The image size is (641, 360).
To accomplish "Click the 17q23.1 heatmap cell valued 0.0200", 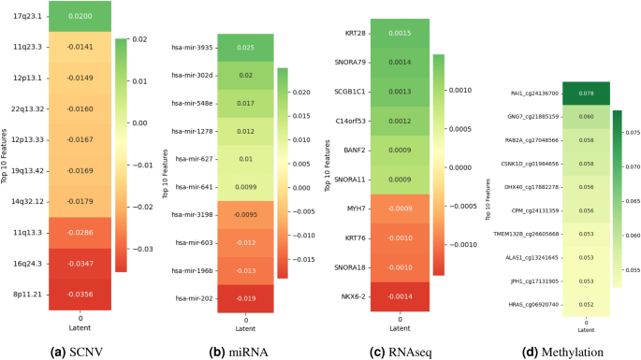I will point(80,16).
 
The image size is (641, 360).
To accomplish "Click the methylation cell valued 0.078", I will point(585,94).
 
